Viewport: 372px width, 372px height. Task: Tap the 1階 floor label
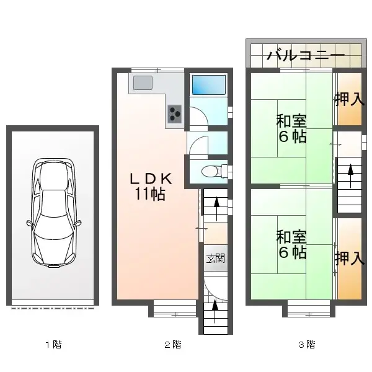click(x=52, y=344)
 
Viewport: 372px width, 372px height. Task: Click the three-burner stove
click(x=174, y=113)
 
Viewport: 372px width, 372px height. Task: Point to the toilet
click(x=211, y=170)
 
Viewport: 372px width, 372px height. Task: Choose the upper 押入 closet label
click(x=348, y=99)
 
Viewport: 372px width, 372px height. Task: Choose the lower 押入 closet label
click(x=348, y=257)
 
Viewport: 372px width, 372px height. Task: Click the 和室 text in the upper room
click(x=291, y=120)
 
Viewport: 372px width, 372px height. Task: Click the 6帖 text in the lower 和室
click(x=291, y=252)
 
